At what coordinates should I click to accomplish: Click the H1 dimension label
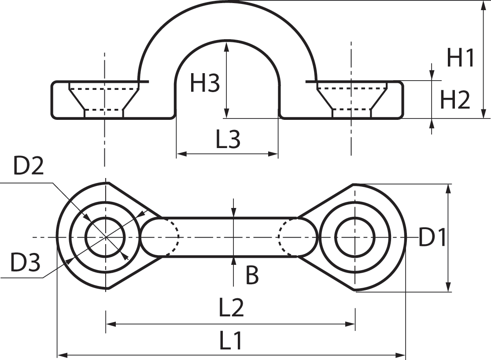(x=460, y=58)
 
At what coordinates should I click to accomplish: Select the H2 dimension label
(x=455, y=100)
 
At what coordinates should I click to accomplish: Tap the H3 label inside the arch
(x=205, y=83)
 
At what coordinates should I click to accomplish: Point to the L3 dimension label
(x=228, y=139)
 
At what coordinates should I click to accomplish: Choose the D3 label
(x=25, y=262)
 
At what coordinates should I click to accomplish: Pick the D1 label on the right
(x=432, y=237)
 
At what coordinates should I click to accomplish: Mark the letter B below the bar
(x=252, y=275)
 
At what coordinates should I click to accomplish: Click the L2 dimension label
(x=231, y=308)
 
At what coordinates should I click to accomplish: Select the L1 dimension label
(x=230, y=341)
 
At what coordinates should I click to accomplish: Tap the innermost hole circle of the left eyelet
(x=105, y=217)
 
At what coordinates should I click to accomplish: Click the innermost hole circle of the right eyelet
(x=355, y=217)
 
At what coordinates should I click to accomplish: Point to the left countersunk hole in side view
(x=104, y=100)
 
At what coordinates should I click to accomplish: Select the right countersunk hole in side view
(x=352, y=100)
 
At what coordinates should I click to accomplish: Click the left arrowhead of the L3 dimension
(x=181, y=154)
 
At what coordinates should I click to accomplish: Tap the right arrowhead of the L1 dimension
(x=400, y=355)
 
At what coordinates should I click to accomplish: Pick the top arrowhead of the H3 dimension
(x=226, y=47)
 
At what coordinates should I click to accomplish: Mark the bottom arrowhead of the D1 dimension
(x=448, y=287)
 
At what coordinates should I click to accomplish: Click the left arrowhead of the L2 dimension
(x=111, y=324)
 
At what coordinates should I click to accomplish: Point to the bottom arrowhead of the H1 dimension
(x=484, y=113)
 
